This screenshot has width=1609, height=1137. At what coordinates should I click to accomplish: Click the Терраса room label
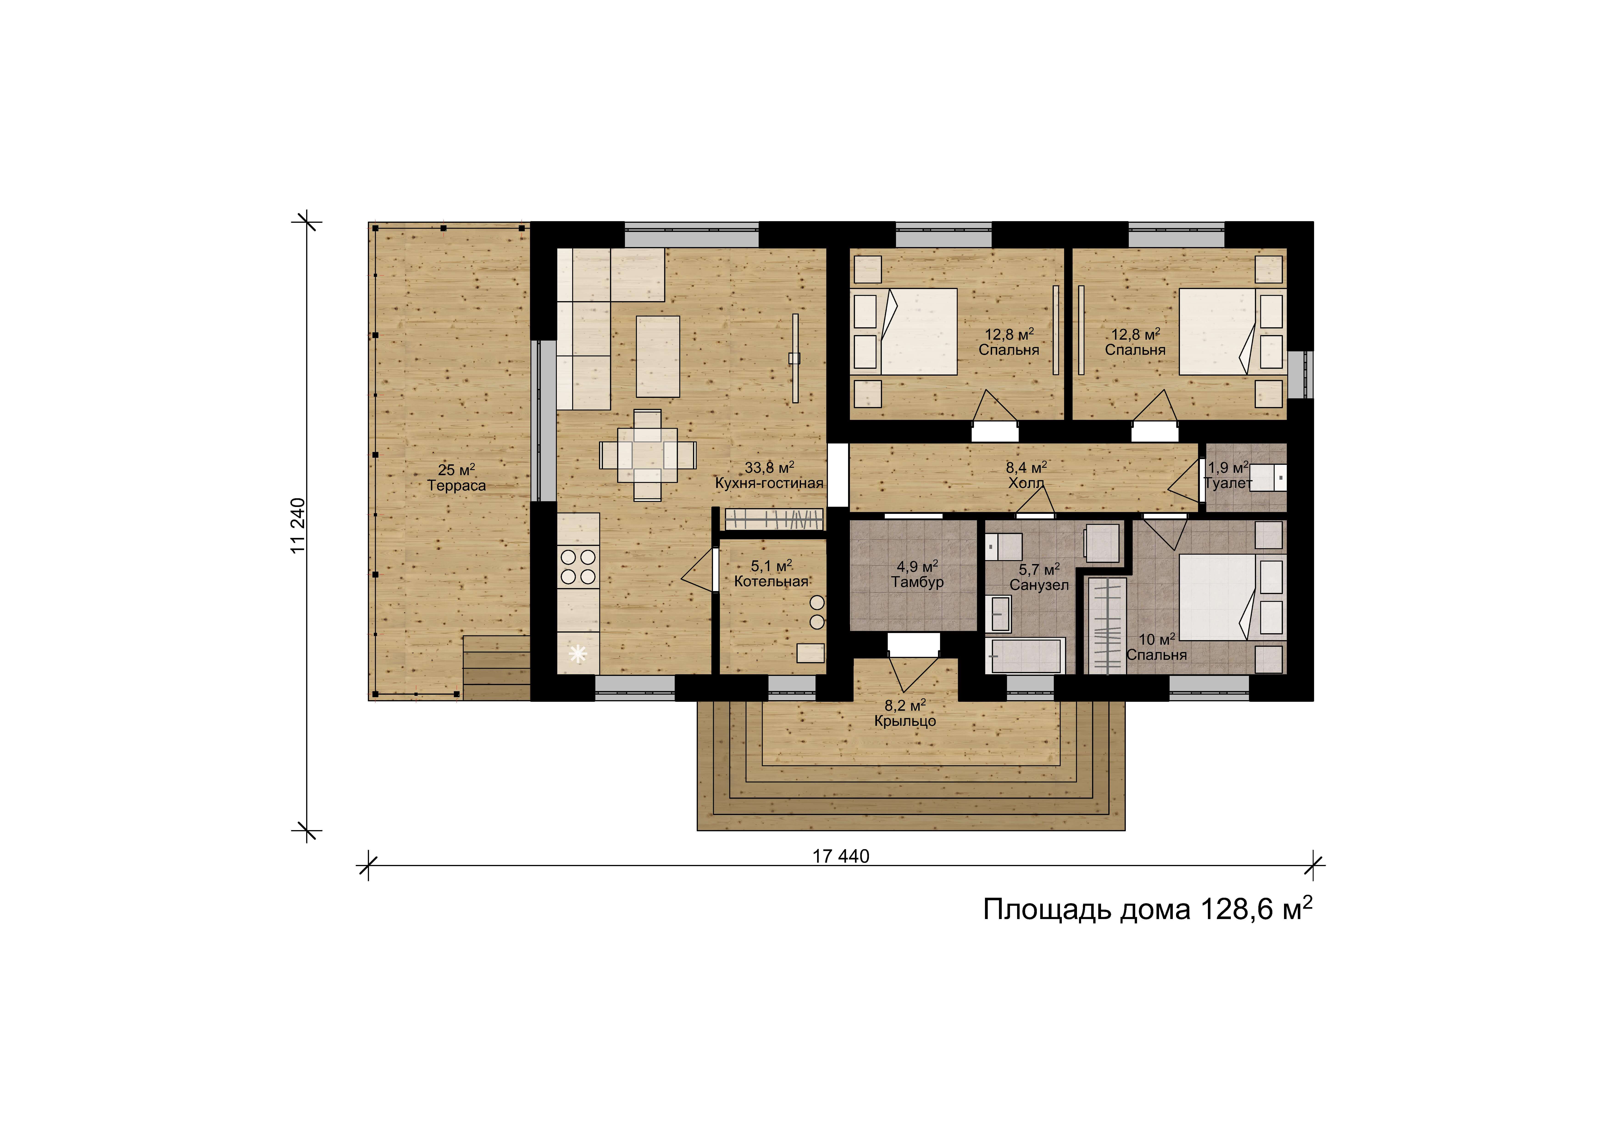456,485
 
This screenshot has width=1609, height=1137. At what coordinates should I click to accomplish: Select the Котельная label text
771,581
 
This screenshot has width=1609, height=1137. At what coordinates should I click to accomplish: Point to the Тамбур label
917,582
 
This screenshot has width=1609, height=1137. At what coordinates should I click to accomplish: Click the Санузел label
1039,585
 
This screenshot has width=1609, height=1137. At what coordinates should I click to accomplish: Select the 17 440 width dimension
841,856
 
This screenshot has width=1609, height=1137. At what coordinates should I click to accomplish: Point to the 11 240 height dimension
299,526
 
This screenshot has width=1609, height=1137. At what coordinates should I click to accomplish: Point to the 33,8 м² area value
769,467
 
